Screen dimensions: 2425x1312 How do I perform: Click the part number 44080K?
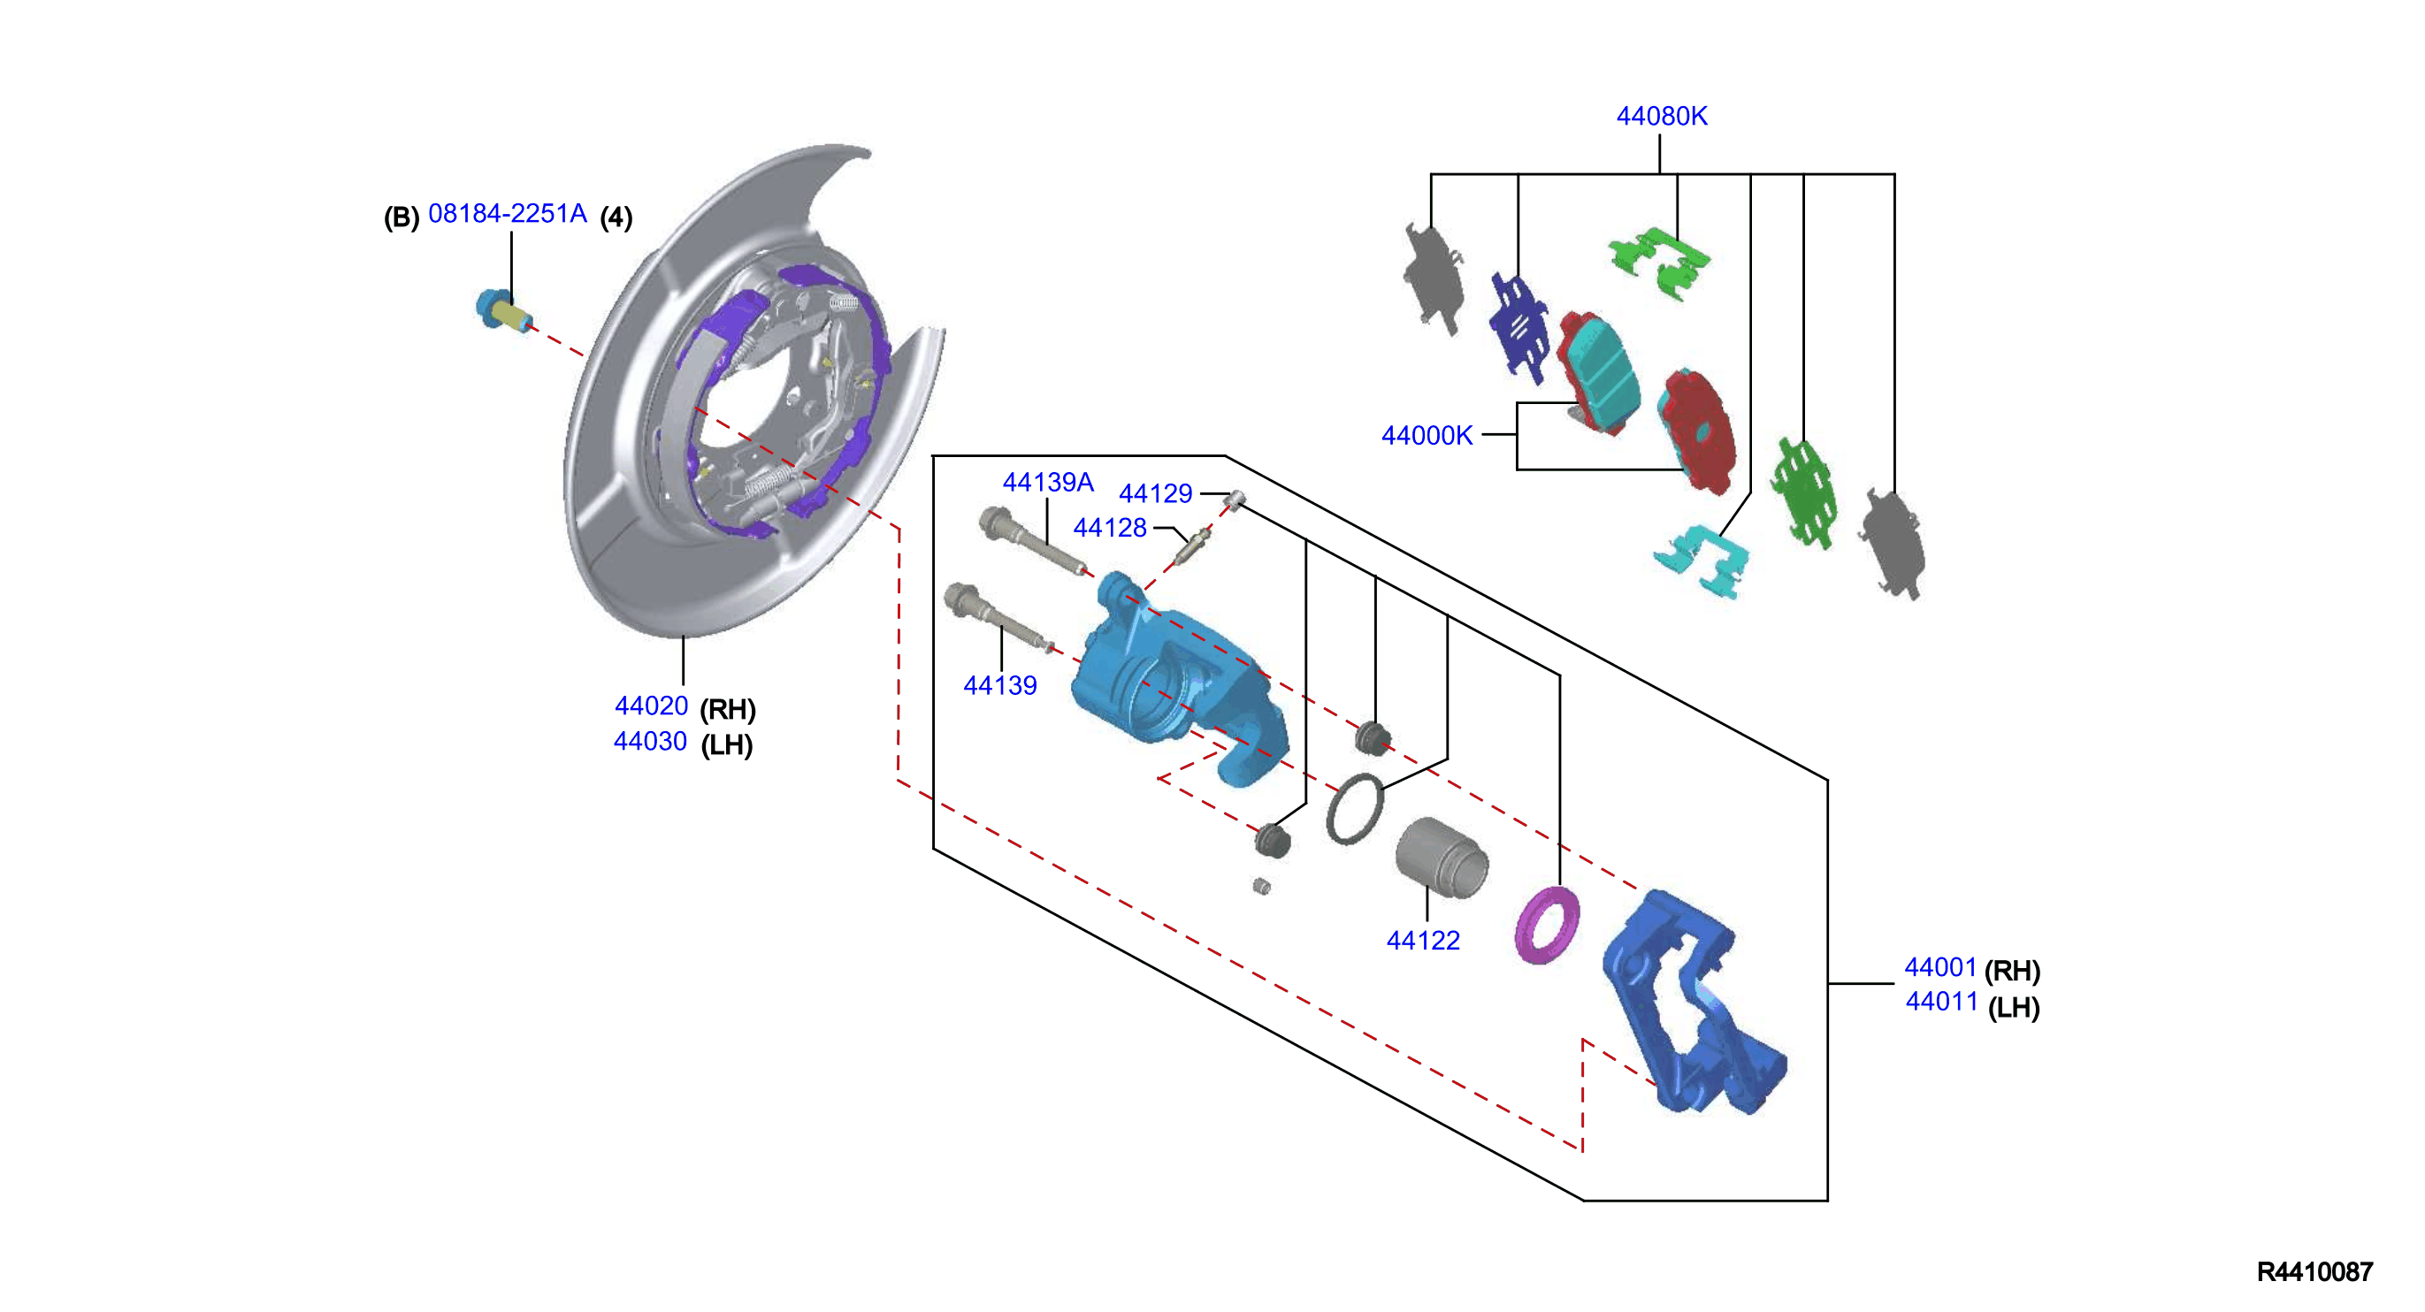point(1662,116)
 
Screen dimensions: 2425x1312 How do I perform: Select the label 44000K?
point(1427,436)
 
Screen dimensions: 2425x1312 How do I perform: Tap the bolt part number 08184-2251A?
point(508,214)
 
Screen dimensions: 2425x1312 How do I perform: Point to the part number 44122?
point(1422,940)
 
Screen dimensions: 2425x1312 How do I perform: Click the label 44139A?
point(1048,483)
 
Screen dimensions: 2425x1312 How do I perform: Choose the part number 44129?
point(1155,493)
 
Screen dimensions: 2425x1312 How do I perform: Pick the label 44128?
point(1110,528)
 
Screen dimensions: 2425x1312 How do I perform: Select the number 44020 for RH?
point(652,706)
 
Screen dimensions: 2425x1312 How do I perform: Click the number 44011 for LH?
point(1941,1002)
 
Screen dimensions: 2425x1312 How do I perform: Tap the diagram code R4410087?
point(2314,1272)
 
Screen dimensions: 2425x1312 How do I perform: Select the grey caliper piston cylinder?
point(1442,858)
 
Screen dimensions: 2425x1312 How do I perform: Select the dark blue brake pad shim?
point(1518,330)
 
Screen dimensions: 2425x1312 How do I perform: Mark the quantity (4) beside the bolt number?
point(616,217)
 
